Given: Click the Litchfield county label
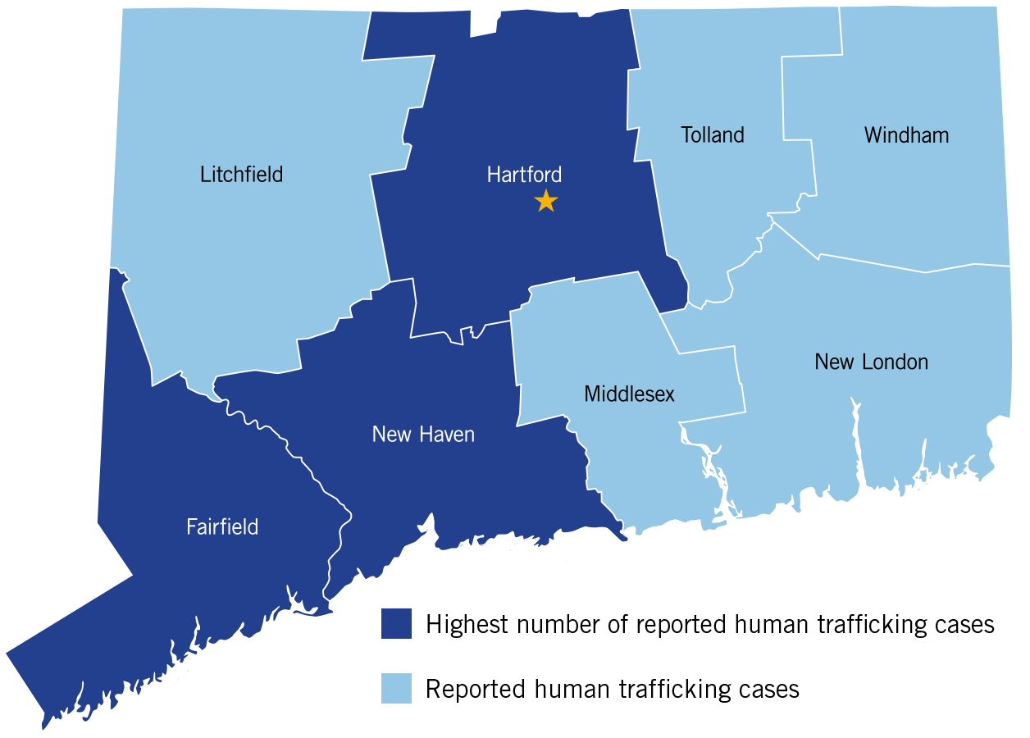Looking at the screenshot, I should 241,175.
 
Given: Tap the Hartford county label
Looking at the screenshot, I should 524,175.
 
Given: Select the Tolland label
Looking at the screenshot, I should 712,135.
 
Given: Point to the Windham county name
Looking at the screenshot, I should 906,135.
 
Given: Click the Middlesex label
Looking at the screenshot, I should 629,394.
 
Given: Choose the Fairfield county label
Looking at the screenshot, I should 222,526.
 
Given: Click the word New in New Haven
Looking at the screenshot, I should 390,434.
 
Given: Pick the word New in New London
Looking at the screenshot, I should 833,362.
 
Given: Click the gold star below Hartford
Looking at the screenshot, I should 545,201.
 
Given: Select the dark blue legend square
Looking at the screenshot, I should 396,623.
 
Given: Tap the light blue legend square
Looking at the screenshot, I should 396,688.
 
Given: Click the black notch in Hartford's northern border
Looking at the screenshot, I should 484,23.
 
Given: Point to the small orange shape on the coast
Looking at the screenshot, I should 627,532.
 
